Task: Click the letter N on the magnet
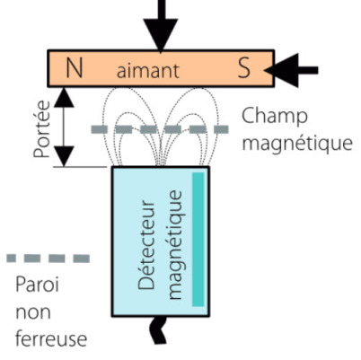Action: pyautogui.click(x=74, y=68)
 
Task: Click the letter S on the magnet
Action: pyautogui.click(x=244, y=68)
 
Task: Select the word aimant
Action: pyautogui.click(x=148, y=71)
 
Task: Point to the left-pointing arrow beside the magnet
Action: pyautogui.click(x=291, y=70)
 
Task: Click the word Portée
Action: pyautogui.click(x=41, y=129)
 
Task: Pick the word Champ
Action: pyautogui.click(x=275, y=117)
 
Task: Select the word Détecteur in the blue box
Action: pyautogui.click(x=146, y=245)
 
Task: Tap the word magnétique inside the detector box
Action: pyautogui.click(x=175, y=245)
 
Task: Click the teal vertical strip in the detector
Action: pyautogui.click(x=198, y=240)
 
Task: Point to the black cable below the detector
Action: pyautogui.click(x=158, y=329)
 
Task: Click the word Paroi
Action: pyautogui.click(x=37, y=285)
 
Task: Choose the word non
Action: pyautogui.click(x=33, y=312)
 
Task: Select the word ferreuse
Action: pyautogui.click(x=51, y=338)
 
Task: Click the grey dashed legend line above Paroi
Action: pyautogui.click(x=48, y=259)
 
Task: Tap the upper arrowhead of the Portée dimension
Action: pyautogui.click(x=64, y=97)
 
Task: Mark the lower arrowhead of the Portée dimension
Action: pyautogui.click(x=64, y=156)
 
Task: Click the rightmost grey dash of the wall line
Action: pyautogui.click(x=222, y=129)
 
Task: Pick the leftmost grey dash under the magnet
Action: pyautogui.click(x=100, y=129)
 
